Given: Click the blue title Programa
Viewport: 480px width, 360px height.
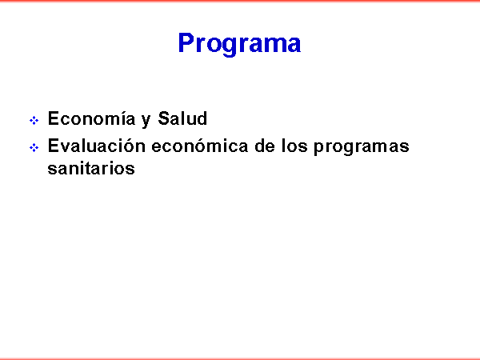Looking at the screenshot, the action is (239, 44).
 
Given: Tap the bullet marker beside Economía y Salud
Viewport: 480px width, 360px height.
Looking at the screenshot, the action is (34, 120).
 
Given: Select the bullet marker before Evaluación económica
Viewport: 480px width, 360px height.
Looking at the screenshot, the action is (34, 148).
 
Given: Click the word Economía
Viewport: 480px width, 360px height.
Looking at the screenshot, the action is (91, 118).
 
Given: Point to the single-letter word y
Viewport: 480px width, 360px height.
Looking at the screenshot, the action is (146, 121).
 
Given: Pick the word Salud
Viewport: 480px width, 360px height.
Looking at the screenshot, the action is (182, 118).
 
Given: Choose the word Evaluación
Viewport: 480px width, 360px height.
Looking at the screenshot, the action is (97, 146).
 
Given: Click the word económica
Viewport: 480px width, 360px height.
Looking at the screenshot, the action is (199, 146).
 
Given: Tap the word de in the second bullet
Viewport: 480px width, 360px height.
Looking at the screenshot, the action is (265, 146).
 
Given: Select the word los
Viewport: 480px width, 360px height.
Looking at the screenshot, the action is (294, 146).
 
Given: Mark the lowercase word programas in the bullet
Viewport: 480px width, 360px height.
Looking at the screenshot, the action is (362, 147).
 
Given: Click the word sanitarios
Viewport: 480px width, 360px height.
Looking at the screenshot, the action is (91, 168).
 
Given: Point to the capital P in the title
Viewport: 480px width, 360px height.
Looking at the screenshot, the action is (186, 43).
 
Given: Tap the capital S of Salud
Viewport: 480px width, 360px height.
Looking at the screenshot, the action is (164, 118).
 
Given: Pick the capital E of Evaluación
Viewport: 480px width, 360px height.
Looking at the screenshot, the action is (54, 146).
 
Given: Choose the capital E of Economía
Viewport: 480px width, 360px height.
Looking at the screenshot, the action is (54, 118).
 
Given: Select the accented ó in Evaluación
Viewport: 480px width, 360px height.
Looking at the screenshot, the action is (129, 146).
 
